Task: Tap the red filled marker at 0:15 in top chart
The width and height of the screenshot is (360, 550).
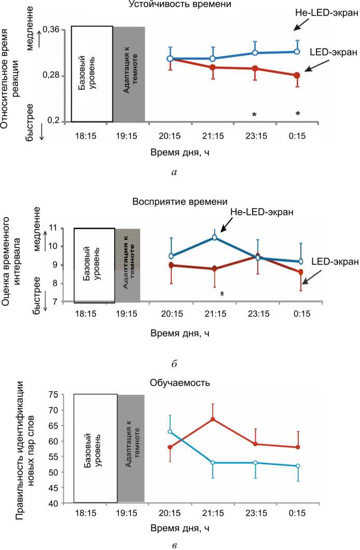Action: pyautogui.click(x=297, y=76)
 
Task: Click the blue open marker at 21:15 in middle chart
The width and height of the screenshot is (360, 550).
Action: pyautogui.click(x=214, y=238)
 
